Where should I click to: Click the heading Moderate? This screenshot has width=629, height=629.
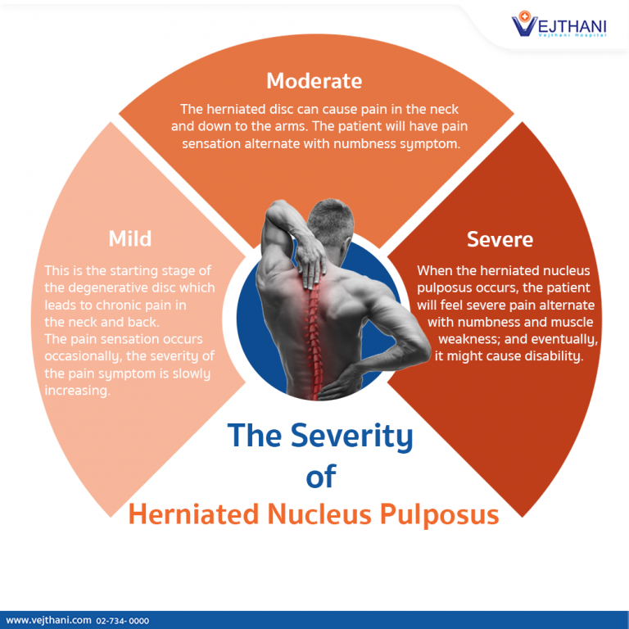[x=314, y=81]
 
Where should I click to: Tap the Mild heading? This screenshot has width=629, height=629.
[x=129, y=238]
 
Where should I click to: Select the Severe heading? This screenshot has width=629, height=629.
[x=500, y=239]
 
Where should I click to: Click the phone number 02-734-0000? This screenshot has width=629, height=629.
[x=123, y=622]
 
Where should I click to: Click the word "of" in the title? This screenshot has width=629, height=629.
[x=320, y=476]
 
